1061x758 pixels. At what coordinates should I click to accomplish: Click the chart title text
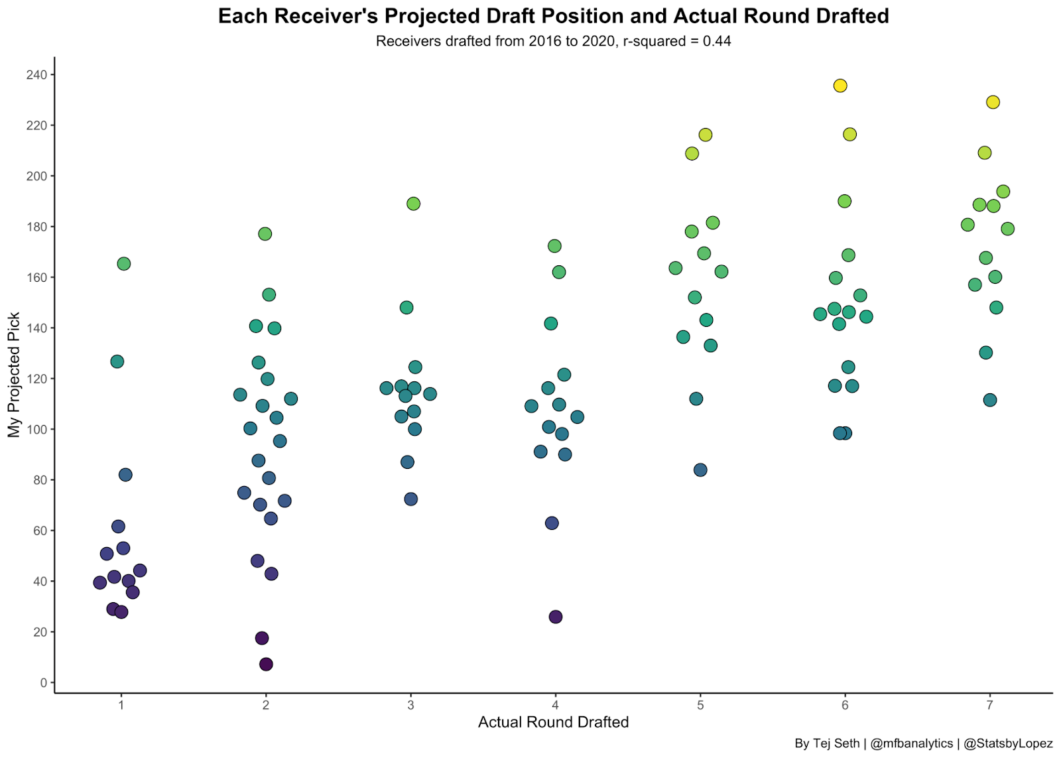553,16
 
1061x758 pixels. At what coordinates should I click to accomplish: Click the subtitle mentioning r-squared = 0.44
553,41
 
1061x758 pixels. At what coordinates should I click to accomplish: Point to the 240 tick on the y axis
37,75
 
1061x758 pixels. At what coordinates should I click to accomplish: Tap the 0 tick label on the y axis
44,682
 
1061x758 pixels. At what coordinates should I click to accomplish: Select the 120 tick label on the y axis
37,379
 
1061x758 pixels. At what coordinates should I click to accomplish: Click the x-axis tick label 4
556,705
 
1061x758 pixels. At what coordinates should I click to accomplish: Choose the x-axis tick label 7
989,705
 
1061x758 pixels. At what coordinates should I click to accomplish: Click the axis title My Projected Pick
15,375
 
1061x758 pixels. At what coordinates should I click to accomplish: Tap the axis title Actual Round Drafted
553,722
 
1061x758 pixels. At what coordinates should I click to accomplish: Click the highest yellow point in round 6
840,86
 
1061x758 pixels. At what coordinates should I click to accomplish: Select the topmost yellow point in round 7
993,102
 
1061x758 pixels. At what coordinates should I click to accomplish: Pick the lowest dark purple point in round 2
266,664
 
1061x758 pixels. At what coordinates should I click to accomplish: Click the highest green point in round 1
124,264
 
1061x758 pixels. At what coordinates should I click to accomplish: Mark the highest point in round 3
413,204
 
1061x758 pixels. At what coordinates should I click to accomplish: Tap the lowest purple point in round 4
556,617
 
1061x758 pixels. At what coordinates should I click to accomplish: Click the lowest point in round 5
700,470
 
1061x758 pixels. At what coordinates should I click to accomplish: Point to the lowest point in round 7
990,400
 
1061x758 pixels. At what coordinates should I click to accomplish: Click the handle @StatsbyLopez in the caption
1008,743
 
